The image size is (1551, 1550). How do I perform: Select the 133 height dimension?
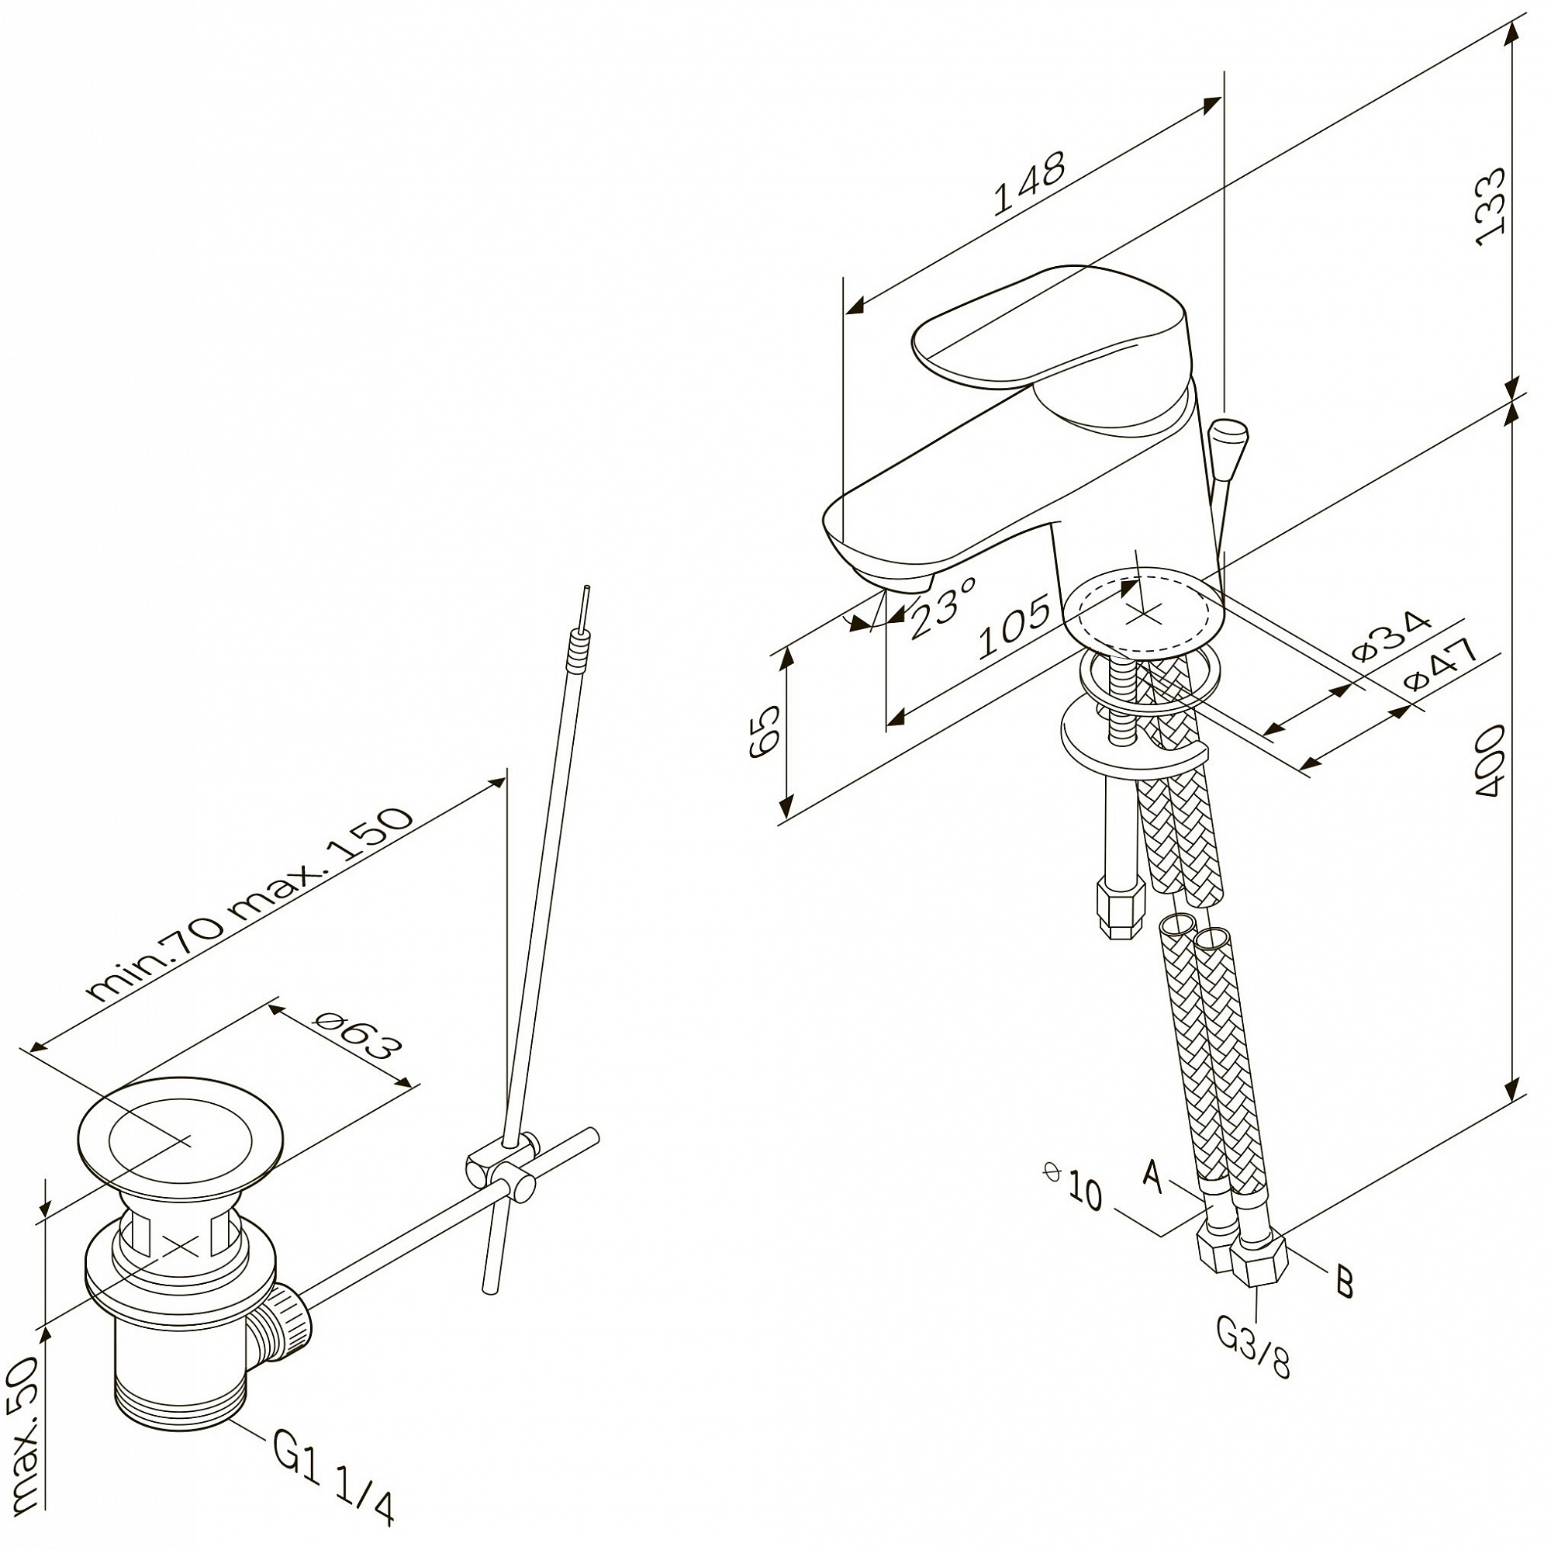1491,206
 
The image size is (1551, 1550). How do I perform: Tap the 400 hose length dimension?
1490,760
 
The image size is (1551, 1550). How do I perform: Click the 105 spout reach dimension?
1014,626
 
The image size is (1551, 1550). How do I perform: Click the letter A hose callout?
1154,1178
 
